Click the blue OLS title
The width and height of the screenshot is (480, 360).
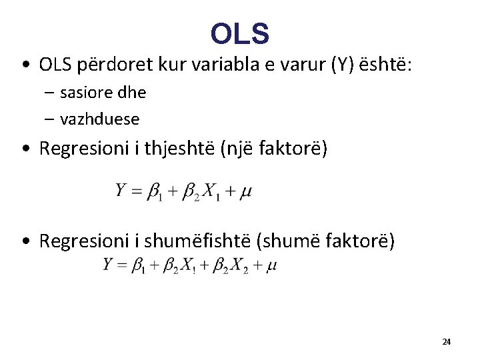click(240, 33)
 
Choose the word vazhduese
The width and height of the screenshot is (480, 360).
click(100, 119)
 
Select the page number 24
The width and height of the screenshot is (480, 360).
click(446, 342)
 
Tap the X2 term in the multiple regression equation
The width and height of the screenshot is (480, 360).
click(238, 266)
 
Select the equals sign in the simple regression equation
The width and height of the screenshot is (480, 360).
click(137, 192)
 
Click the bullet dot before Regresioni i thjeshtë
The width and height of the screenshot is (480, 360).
click(25, 149)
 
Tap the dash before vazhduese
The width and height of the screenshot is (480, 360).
click(50, 119)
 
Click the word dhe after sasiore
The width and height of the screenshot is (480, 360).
click(133, 92)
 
